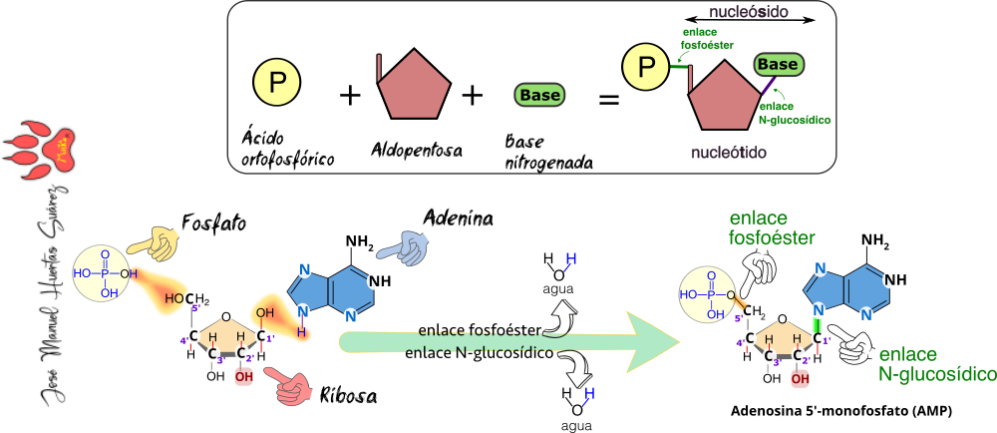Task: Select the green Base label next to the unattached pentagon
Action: (x=539, y=96)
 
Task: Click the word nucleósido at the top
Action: (x=749, y=13)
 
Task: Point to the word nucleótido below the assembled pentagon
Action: (x=729, y=153)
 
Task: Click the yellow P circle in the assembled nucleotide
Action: (x=646, y=68)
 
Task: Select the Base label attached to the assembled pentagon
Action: (x=778, y=65)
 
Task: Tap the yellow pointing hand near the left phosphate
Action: (x=156, y=241)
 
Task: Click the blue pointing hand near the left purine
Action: (x=403, y=245)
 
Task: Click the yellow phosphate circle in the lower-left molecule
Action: (x=102, y=271)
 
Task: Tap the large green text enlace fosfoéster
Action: (x=772, y=228)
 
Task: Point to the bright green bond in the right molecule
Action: (x=817, y=322)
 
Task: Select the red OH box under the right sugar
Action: (x=800, y=378)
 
